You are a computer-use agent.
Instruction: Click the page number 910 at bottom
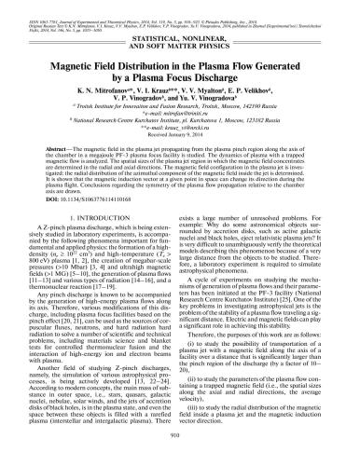click(180, 456)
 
